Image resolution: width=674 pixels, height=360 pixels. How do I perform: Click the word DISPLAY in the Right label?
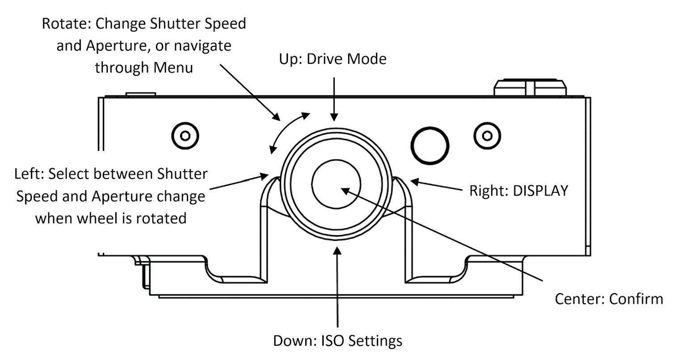(540, 191)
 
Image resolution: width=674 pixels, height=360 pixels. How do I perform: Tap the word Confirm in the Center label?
(636, 299)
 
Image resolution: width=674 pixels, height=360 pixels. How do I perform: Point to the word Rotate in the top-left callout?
(67, 24)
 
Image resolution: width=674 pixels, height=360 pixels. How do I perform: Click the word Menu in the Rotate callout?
(173, 67)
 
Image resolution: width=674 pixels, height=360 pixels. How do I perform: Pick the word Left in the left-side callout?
(29, 174)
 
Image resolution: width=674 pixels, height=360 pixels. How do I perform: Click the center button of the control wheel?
(336, 184)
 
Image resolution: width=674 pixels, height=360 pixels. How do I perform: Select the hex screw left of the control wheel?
(185, 136)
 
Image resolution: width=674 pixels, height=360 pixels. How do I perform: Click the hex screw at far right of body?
(487, 136)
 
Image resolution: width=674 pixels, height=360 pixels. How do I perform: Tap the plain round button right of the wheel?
(430, 146)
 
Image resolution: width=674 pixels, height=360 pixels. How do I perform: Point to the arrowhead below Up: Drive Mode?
(334, 117)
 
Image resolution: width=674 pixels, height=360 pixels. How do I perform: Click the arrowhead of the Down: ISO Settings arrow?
(337, 251)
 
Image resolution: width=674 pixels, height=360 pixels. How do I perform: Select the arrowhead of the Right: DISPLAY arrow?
(415, 182)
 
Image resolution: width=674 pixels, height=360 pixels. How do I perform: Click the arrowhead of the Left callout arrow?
(265, 176)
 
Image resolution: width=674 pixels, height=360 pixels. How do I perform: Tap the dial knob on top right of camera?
(530, 87)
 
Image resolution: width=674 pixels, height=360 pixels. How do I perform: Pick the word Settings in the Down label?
(375, 341)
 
